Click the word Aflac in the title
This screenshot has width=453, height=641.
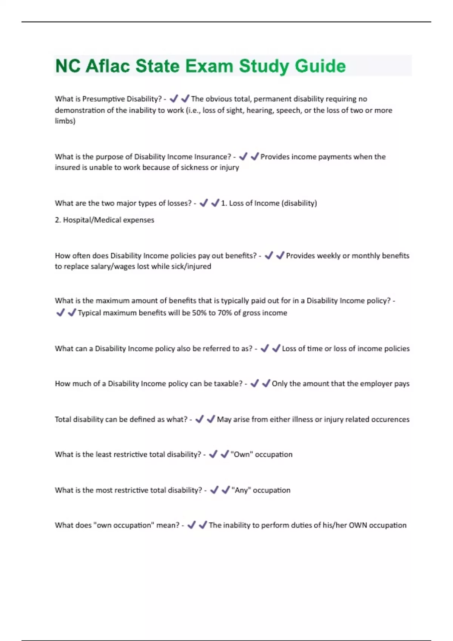[x=107, y=66]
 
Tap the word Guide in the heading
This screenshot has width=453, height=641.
[x=320, y=66]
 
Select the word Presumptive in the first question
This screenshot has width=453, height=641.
[x=103, y=99]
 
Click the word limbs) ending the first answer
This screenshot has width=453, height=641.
[x=65, y=121]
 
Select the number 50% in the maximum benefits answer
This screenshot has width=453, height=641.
[x=199, y=313]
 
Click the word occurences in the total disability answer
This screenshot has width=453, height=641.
[x=390, y=419]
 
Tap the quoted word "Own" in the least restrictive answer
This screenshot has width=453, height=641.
[x=242, y=454]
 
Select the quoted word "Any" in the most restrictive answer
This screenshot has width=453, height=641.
[x=241, y=490]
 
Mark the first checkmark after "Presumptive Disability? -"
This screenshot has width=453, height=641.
[x=174, y=99]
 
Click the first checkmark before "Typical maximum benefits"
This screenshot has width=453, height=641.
[x=60, y=313]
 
